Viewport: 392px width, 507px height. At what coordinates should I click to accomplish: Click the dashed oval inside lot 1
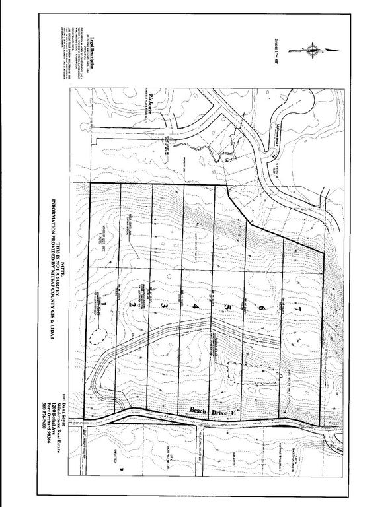click(100, 337)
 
